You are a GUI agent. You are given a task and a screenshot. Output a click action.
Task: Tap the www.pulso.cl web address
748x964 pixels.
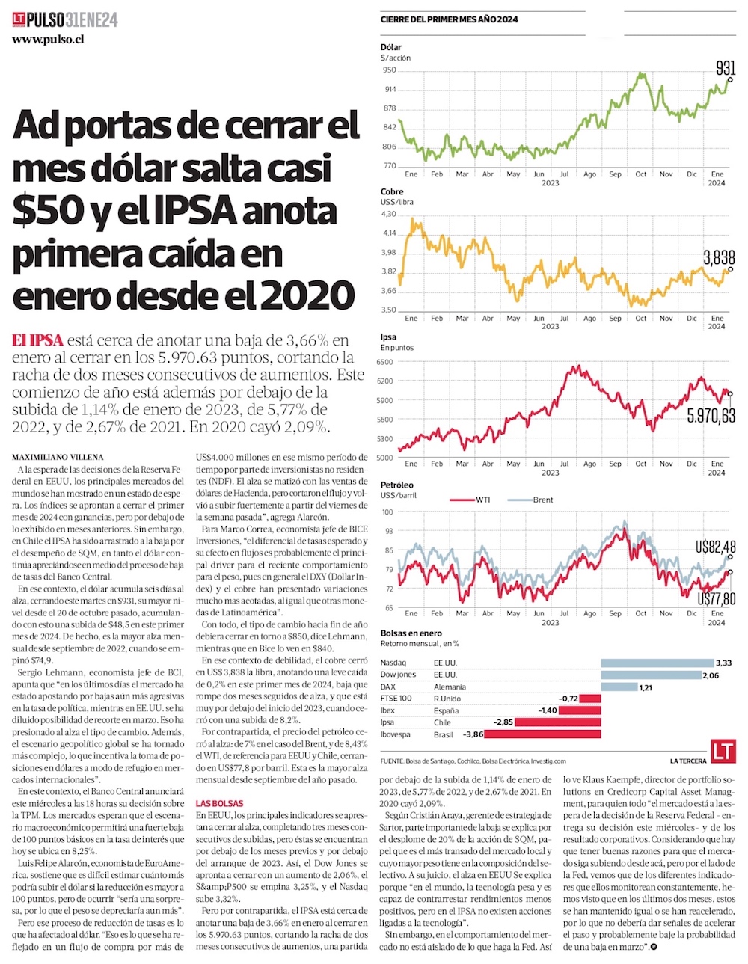[48, 39]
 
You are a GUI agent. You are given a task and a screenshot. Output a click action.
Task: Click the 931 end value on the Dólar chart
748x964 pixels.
[726, 68]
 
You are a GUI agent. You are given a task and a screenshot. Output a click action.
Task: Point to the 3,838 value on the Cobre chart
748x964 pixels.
[719, 258]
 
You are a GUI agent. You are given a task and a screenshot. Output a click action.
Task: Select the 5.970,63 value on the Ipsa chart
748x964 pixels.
[711, 415]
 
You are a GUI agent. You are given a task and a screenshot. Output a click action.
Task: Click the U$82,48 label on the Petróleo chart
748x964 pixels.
[716, 547]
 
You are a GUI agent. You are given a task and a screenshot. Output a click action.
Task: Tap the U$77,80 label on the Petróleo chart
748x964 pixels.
[716, 598]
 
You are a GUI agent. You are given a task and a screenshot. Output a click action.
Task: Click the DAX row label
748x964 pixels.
[388, 687]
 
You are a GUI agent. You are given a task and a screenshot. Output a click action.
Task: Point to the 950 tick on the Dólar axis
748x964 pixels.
[389, 70]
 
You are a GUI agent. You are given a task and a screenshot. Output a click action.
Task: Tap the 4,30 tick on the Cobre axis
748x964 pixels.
[389, 215]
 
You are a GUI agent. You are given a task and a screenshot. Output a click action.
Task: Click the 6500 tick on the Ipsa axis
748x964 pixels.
[385, 362]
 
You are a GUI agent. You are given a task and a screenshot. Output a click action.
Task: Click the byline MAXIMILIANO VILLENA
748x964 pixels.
[58, 457]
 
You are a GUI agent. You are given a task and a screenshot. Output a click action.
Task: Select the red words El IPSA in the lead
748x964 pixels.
[37, 340]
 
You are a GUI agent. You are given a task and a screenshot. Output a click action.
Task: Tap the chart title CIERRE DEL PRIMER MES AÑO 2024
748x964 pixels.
[450, 19]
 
